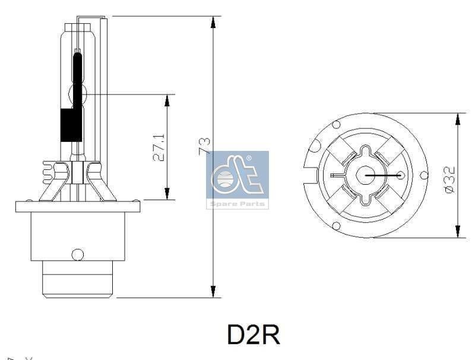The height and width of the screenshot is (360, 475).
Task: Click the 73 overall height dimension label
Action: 204,146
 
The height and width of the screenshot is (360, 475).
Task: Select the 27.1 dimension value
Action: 159,147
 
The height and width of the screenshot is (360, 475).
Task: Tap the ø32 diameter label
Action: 449,178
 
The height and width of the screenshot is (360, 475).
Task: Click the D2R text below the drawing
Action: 254,334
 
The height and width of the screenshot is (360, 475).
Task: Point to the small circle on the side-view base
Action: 78,254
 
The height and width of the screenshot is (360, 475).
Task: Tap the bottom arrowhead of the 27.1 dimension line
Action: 167,194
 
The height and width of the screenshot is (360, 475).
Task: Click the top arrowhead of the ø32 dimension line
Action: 457,119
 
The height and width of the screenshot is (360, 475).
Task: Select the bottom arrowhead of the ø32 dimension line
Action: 457,231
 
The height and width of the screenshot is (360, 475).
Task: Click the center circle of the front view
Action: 366,175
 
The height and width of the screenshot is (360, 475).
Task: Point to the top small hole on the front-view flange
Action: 336,125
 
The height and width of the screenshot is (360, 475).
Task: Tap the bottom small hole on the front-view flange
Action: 337,226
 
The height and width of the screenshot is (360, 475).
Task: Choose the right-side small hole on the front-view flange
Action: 423,175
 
